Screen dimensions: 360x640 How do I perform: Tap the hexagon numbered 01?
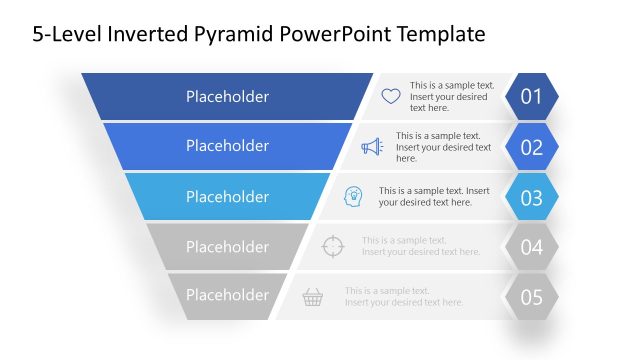531,97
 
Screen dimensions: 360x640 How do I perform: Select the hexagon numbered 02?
531,147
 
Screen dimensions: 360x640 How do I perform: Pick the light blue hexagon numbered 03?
531,196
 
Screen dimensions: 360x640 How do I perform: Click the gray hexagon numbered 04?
531,247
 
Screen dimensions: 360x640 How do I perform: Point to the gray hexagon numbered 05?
531,296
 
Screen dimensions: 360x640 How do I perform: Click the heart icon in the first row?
391,97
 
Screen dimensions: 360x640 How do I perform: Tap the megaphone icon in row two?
372,147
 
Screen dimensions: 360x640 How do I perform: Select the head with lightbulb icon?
353,196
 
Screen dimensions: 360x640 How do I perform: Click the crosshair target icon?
333,247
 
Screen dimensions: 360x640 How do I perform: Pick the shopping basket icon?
313,296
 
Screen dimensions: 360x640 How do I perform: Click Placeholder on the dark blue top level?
227,97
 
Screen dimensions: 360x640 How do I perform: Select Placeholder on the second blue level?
227,146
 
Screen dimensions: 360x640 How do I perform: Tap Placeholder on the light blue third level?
227,197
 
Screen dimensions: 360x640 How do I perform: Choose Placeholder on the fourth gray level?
227,247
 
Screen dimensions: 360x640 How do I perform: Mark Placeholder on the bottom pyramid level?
227,295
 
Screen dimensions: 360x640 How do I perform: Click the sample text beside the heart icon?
451,97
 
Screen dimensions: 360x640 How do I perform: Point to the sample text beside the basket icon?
404,296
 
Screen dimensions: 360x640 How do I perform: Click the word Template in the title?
442,34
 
